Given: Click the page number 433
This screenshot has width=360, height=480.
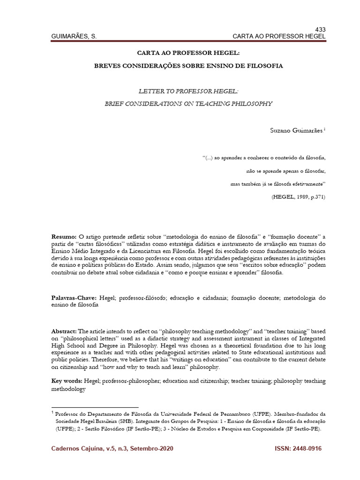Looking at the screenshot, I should click(x=320, y=29).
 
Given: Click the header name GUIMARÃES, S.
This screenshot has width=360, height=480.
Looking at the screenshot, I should click(x=74, y=36).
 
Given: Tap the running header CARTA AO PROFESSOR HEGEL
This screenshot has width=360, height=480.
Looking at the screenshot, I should click(x=279, y=36).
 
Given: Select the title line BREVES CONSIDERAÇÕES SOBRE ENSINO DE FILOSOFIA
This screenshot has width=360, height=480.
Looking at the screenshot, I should click(x=188, y=66).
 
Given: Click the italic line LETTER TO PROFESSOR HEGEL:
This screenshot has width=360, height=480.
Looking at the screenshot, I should click(x=188, y=91).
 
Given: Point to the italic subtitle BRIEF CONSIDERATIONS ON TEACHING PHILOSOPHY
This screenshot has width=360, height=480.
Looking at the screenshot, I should click(x=188, y=103).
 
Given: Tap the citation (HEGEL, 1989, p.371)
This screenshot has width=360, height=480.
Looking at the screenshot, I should click(x=298, y=196).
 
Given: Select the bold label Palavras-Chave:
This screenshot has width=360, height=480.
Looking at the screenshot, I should click(x=73, y=298).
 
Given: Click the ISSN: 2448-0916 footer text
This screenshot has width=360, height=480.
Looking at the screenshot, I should click(x=298, y=449).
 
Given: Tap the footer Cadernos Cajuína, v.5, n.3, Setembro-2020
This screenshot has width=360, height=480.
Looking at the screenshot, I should click(x=112, y=449).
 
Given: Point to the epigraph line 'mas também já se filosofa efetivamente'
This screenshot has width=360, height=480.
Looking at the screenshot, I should click(x=278, y=184).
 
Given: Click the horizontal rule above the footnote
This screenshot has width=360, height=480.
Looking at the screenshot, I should click(x=95, y=407).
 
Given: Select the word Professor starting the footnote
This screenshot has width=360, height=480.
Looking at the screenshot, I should click(x=68, y=414).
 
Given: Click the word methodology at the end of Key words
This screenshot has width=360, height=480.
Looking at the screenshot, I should click(x=68, y=390).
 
